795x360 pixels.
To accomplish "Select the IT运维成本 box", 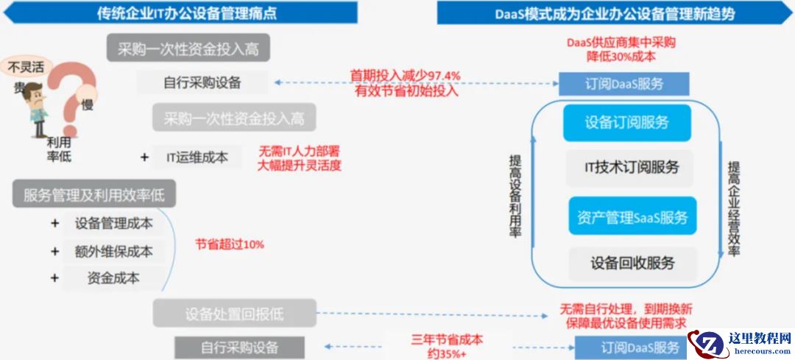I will coord(197,157).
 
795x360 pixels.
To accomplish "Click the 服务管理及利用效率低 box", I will coord(93,195).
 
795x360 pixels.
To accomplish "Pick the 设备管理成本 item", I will coord(114,224).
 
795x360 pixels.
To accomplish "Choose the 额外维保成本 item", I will coord(114,251).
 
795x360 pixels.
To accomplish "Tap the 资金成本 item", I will coord(114,278).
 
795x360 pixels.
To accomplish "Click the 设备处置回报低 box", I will coord(235,313).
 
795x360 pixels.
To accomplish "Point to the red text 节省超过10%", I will coord(230,244).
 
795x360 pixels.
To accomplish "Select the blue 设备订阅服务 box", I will coord(627,123).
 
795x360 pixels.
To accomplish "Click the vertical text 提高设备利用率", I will coord(515,195).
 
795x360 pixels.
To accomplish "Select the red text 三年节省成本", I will coord(447,340).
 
